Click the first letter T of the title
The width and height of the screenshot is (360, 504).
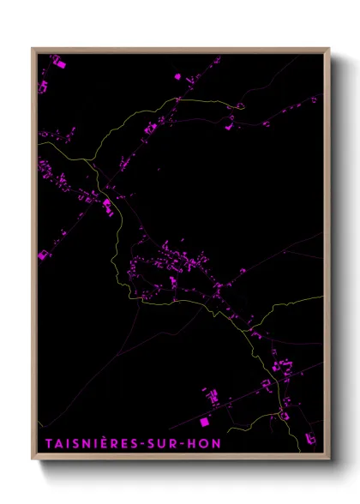click(x=44, y=444)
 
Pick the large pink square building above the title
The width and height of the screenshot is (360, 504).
click(x=205, y=422)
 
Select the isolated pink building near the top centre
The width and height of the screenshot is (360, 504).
click(x=177, y=76)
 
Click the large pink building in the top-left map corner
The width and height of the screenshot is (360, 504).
click(x=58, y=62)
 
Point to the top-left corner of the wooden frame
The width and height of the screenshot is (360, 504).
click(x=33, y=47)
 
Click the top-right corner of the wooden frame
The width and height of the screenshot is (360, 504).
click(x=330, y=47)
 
